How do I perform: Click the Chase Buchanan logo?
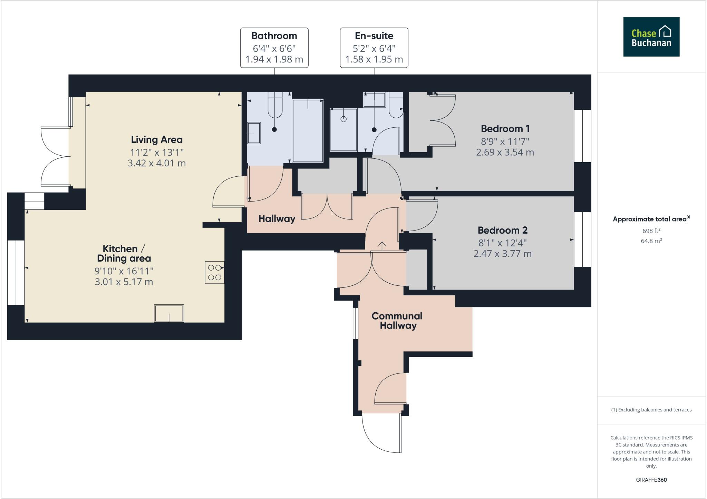pyautogui.click(x=651, y=37)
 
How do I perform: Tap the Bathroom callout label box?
pyautogui.click(x=274, y=48)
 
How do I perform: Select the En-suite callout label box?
pyautogui.click(x=374, y=48)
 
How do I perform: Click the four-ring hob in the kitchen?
pyautogui.click(x=214, y=273)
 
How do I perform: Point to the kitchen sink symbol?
pyautogui.click(x=169, y=313)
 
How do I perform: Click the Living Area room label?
pyautogui.click(x=157, y=140)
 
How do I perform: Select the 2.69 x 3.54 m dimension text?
pyautogui.click(x=505, y=152)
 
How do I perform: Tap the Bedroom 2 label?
pyautogui.click(x=502, y=230)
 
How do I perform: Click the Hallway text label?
pyautogui.click(x=277, y=219)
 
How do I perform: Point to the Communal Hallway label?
pyautogui.click(x=397, y=321)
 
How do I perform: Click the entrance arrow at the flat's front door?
pyautogui.click(x=382, y=245)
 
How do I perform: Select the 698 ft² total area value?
pyautogui.click(x=651, y=231)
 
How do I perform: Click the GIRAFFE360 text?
pyautogui.click(x=651, y=480)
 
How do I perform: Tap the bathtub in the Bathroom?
pyautogui.click(x=308, y=130)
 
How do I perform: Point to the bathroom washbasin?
pyautogui.click(x=254, y=133)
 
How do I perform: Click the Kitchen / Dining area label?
pyautogui.click(x=124, y=253)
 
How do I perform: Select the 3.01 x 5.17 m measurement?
pyautogui.click(x=124, y=282)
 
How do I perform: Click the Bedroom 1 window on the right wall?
pyautogui.click(x=583, y=136)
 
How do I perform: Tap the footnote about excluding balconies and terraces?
pyautogui.click(x=651, y=410)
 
